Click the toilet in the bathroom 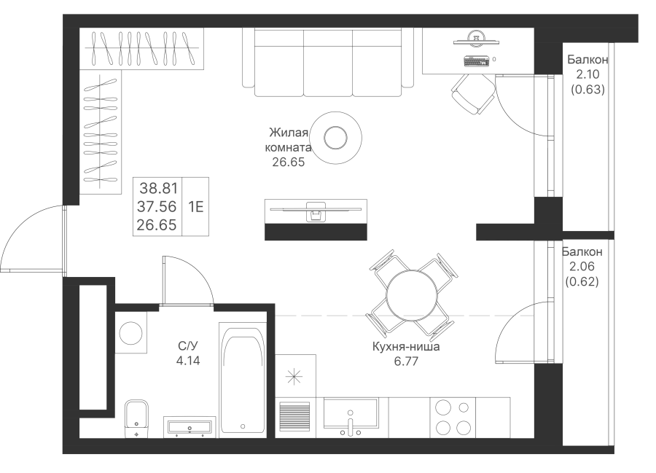click(x=136, y=419)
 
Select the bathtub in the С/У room click(x=242, y=380)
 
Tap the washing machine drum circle click(x=130, y=333)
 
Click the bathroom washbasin click(x=190, y=427)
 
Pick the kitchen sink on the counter click(x=351, y=413)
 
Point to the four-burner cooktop click(x=453, y=417)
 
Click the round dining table click(x=411, y=296)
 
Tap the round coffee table click(x=335, y=137)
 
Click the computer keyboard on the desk click(x=477, y=61)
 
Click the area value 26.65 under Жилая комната click(x=288, y=162)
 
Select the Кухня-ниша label click(x=406, y=347)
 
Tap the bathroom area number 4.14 click(x=188, y=360)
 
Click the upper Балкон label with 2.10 click(x=587, y=59)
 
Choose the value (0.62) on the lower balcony click(x=582, y=281)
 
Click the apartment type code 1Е click(x=196, y=206)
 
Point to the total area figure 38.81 click(x=159, y=188)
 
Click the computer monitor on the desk click(x=477, y=38)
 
